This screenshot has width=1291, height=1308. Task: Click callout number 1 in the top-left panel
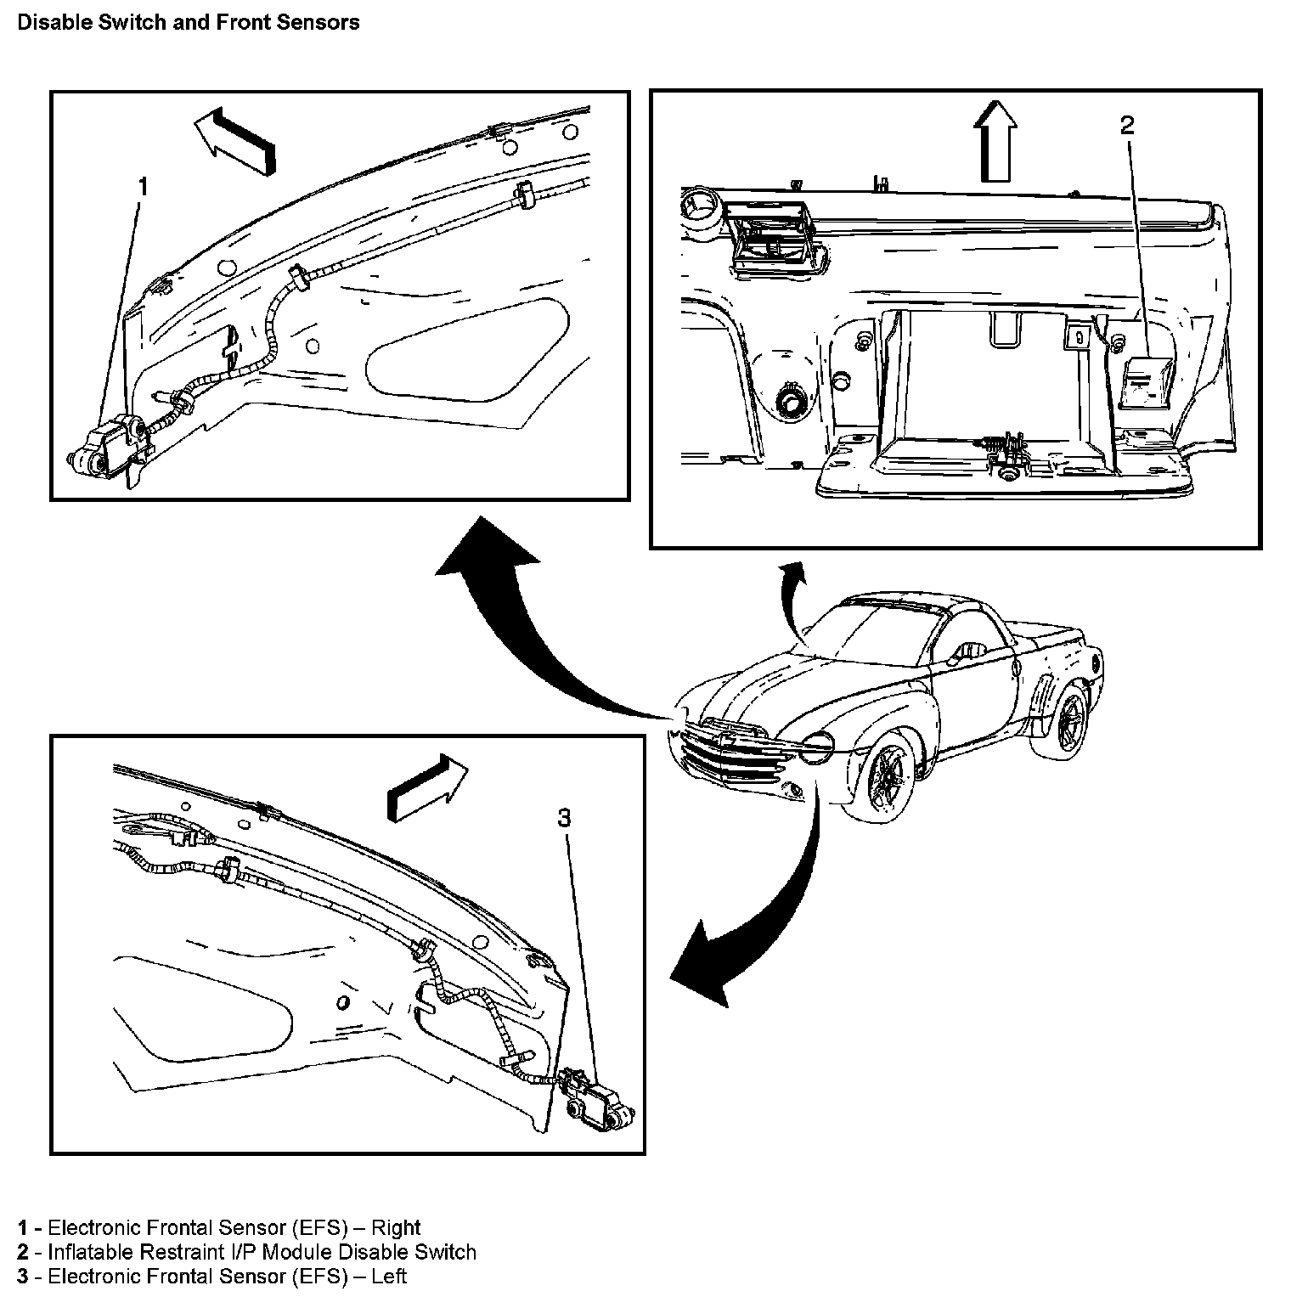click(143, 186)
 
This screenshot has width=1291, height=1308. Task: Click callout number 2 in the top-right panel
click(1127, 126)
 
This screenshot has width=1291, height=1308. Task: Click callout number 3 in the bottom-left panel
click(564, 818)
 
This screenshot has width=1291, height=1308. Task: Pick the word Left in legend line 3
click(389, 1276)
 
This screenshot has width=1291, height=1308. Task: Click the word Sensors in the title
click(327, 23)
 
